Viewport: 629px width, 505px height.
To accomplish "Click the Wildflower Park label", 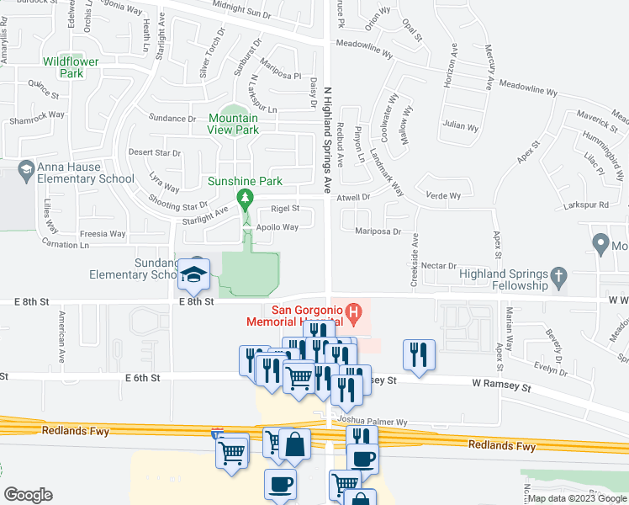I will point(71,67).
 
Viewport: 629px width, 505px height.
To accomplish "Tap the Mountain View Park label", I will point(234,124).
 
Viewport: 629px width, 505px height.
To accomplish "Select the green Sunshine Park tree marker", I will point(246,199).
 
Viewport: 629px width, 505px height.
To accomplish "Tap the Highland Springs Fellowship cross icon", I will point(556,275).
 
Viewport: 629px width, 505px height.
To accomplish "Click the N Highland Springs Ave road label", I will point(329,135).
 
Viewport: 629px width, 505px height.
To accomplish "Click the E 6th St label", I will point(140,379).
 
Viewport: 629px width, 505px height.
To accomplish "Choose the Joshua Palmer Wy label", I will point(372,421).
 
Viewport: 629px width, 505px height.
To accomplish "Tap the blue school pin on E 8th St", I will point(193,274).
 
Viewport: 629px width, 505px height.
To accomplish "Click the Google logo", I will point(29,494).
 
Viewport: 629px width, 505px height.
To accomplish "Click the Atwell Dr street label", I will point(354,197).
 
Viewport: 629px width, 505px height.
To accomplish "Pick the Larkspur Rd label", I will point(587,205).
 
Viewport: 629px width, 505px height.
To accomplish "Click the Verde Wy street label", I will point(443,196).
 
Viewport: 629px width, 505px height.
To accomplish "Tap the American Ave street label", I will point(61,337).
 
